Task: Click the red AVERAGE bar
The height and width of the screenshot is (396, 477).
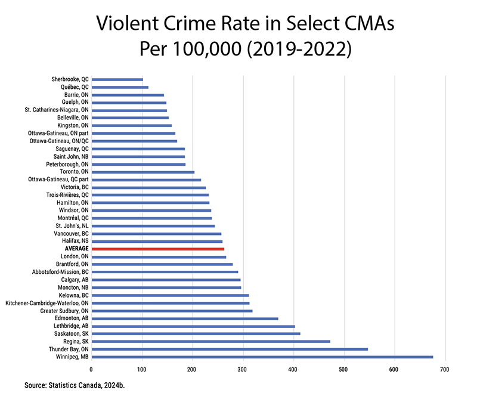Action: click(158, 249)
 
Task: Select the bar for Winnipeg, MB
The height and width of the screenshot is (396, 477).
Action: click(262, 357)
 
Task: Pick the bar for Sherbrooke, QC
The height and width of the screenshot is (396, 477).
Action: click(117, 79)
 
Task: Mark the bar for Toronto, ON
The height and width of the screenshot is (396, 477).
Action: click(143, 172)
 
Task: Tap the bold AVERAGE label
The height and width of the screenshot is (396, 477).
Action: click(76, 249)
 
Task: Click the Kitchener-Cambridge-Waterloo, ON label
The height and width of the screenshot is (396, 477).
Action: click(47, 303)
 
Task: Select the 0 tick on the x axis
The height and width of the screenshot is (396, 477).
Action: click(92, 370)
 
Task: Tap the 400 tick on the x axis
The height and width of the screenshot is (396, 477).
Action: click(292, 370)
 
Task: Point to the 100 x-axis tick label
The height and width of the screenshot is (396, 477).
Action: click(142, 370)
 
